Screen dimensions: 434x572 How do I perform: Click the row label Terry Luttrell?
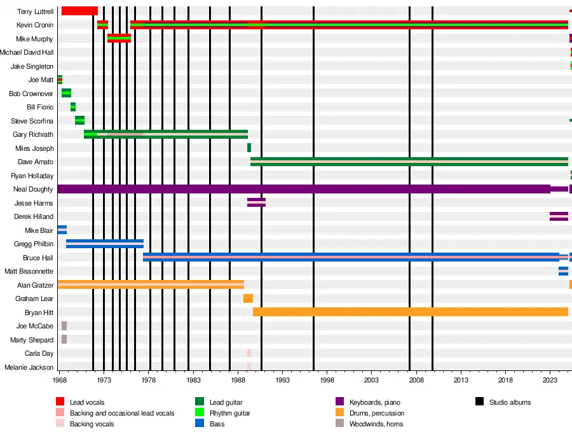click(x=35, y=11)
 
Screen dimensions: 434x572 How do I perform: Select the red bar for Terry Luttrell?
click(x=79, y=11)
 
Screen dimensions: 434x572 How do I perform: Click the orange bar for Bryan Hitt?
click(x=410, y=312)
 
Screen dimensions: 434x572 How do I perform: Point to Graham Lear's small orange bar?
click(x=248, y=298)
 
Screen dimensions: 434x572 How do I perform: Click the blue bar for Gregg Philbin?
click(x=105, y=244)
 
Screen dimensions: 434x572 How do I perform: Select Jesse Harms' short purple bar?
click(x=256, y=202)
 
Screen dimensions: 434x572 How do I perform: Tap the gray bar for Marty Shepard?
click(x=64, y=339)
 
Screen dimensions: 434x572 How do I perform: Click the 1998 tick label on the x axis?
click(x=327, y=380)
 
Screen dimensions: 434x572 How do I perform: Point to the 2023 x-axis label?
click(x=550, y=380)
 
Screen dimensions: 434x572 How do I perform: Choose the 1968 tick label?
click(x=60, y=380)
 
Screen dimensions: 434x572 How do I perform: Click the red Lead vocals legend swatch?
click(x=60, y=402)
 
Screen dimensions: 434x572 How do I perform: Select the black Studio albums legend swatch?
click(x=480, y=402)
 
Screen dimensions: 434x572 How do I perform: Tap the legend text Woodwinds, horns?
click(x=376, y=424)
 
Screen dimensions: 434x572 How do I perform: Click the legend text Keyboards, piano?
click(x=375, y=402)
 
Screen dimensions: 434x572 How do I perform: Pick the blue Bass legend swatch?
click(x=200, y=423)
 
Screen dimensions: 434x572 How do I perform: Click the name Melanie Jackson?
click(x=29, y=367)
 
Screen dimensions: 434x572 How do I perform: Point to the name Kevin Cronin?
click(x=35, y=25)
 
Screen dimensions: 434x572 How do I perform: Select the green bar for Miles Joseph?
click(x=249, y=148)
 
